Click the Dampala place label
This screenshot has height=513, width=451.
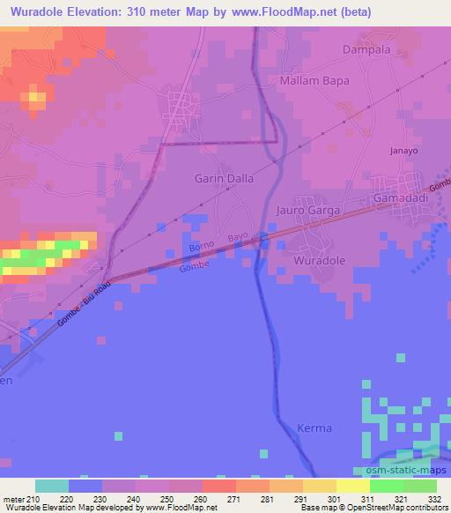coord(366,51)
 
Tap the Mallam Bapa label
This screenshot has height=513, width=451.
coord(314,80)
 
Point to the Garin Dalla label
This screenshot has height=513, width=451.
coord(224,178)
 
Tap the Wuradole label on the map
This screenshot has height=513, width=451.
coord(320,261)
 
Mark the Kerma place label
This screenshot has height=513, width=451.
coord(314,428)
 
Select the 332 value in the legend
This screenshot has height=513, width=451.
coord(435,498)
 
